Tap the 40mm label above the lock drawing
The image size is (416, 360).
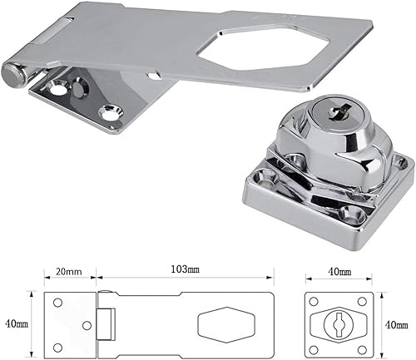click(x=338, y=273)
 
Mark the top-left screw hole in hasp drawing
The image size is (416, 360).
click(x=57, y=302)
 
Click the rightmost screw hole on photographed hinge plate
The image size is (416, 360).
click(x=106, y=111)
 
